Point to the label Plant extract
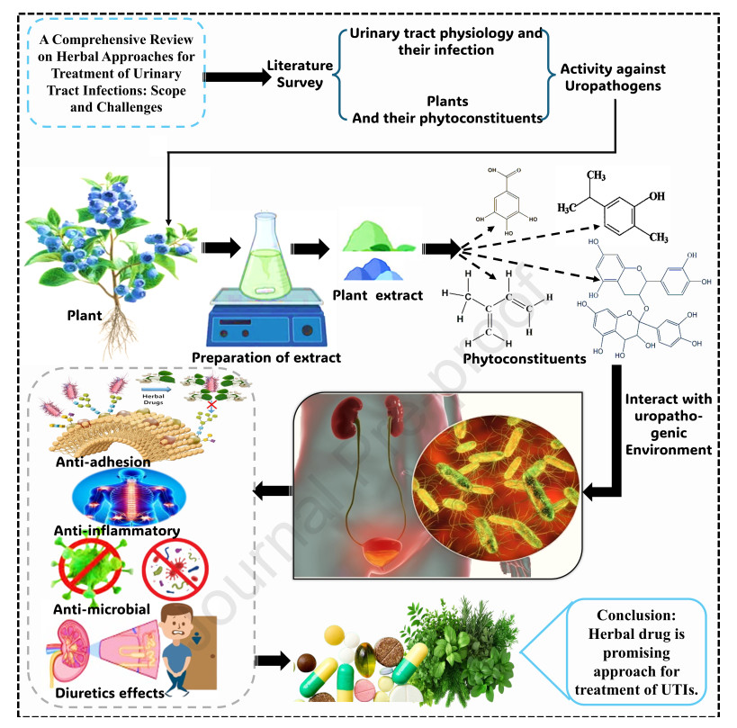(x=377, y=294)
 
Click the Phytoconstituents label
(x=524, y=359)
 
